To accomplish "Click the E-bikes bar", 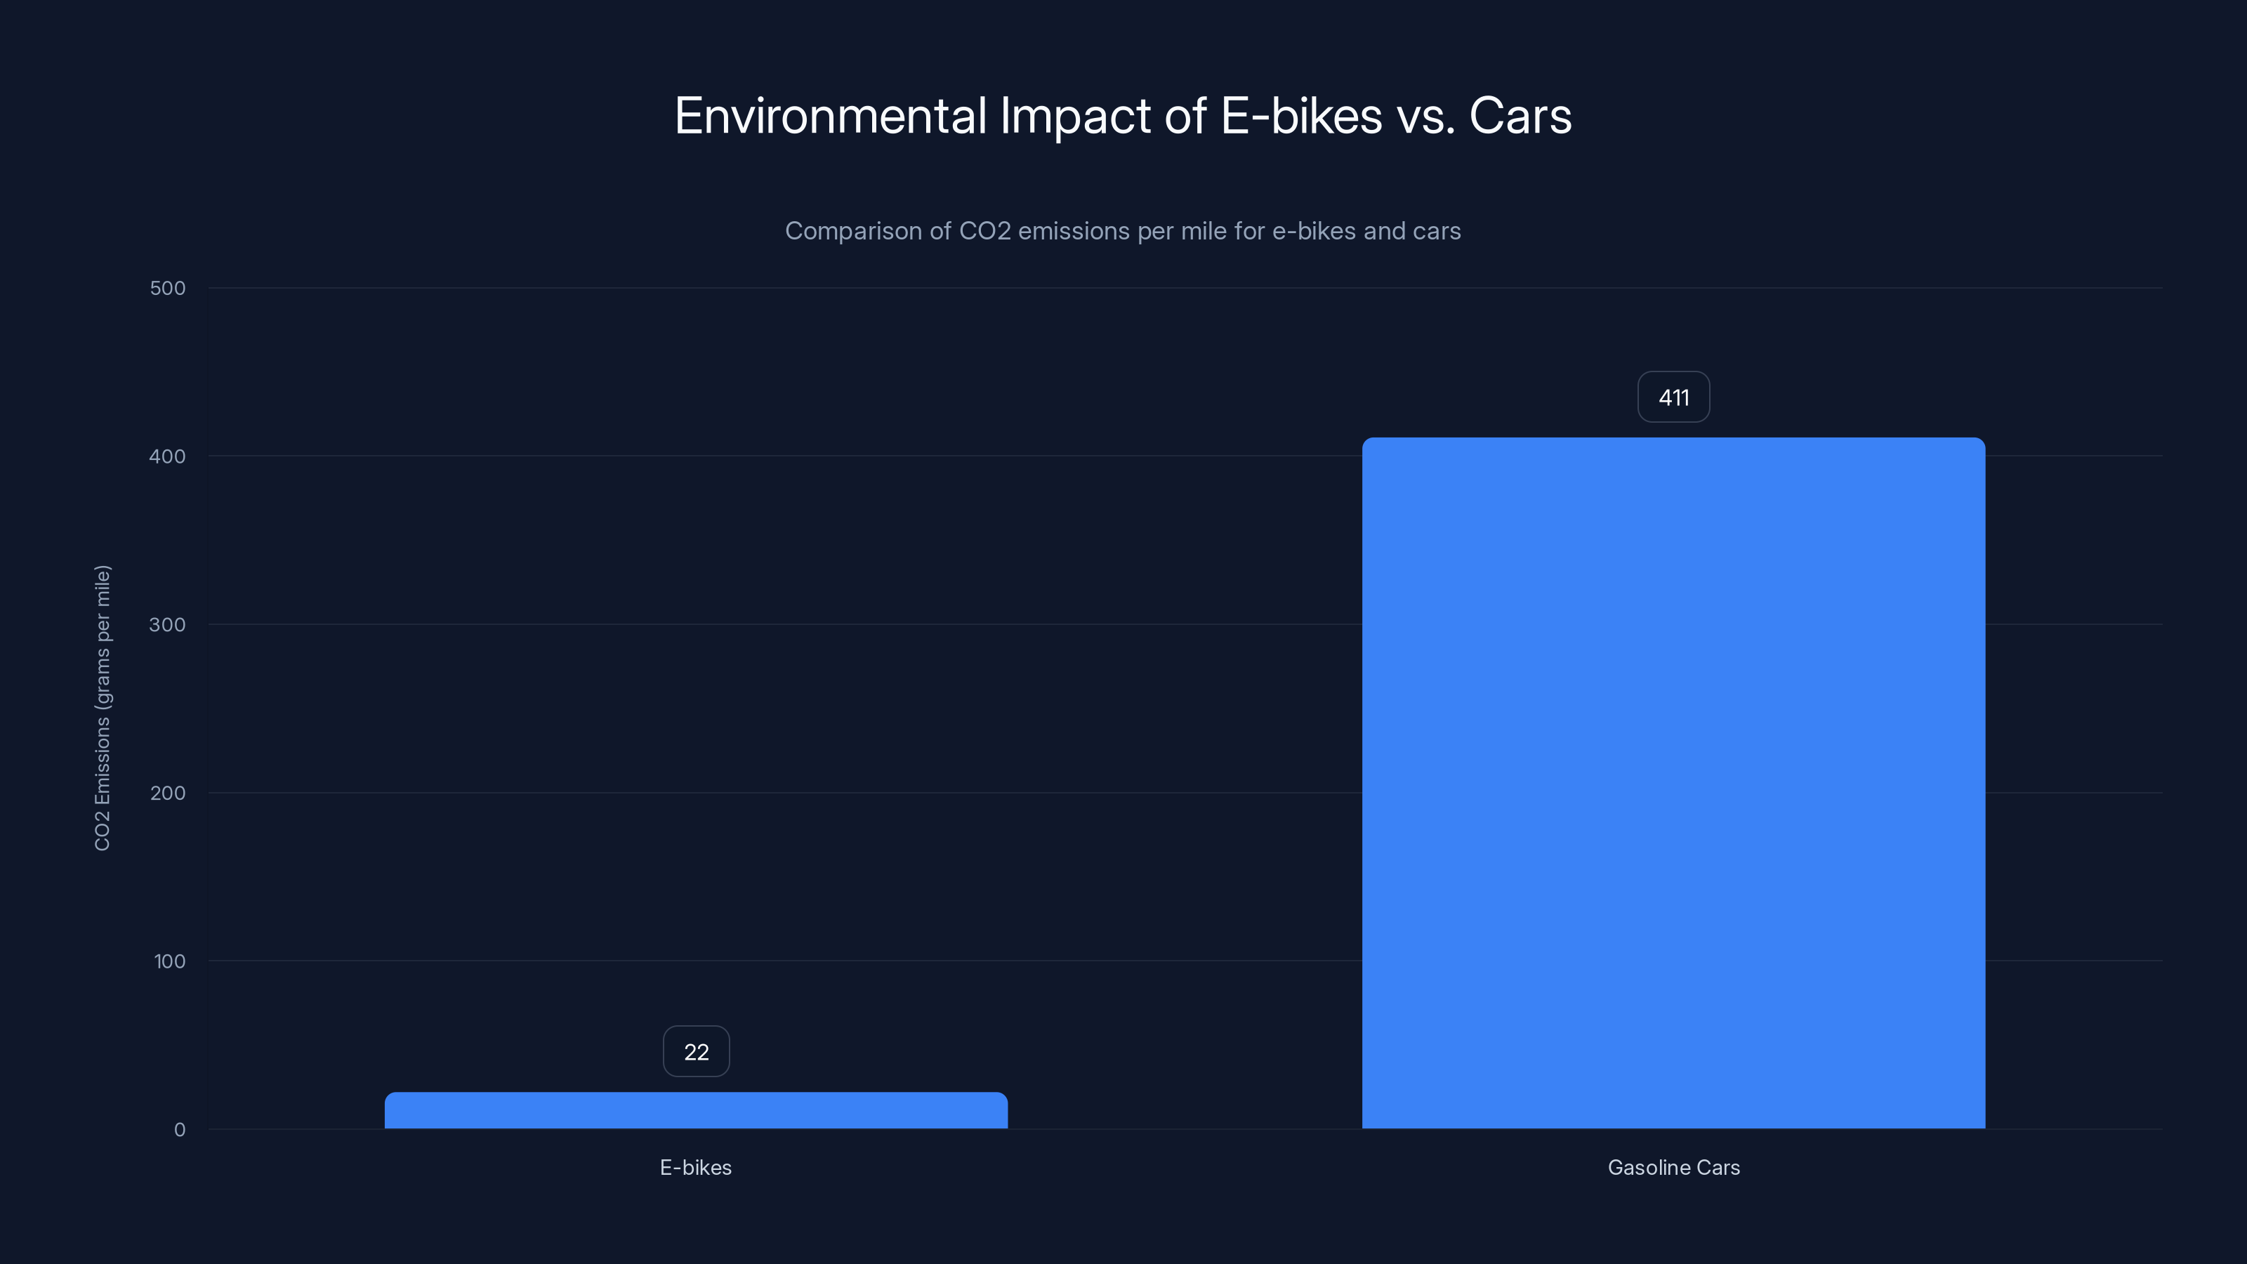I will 696,1110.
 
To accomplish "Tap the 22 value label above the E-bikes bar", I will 696,1051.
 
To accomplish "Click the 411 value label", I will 1673,397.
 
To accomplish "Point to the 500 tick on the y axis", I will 168,288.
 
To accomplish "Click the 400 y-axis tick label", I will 168,456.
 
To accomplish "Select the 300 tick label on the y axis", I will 168,624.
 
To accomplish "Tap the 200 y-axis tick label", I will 168,793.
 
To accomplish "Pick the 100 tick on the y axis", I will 169,961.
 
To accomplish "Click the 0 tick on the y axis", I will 180,1130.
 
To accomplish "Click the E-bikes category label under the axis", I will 695,1167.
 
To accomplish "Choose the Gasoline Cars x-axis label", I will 1673,1167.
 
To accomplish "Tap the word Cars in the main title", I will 1520,116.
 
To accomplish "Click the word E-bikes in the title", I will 1300,116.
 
